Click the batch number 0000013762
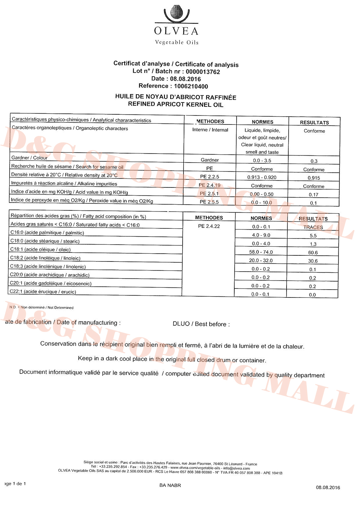(203, 72)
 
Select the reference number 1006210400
(191, 86)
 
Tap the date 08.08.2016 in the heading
(185, 79)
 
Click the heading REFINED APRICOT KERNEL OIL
(176, 105)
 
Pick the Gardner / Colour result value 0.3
(314, 161)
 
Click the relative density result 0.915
(314, 178)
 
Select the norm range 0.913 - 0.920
(262, 177)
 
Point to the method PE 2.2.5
(210, 177)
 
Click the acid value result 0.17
(314, 195)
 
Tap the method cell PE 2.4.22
(209, 226)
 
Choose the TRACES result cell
(313, 227)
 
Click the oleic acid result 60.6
(313, 253)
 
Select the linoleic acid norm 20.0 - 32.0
(261, 260)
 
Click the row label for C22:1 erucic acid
(43, 292)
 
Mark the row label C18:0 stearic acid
(45, 241)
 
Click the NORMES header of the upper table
(262, 122)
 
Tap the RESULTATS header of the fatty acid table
(313, 219)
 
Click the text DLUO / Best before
(201, 324)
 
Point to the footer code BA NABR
(170, 485)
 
